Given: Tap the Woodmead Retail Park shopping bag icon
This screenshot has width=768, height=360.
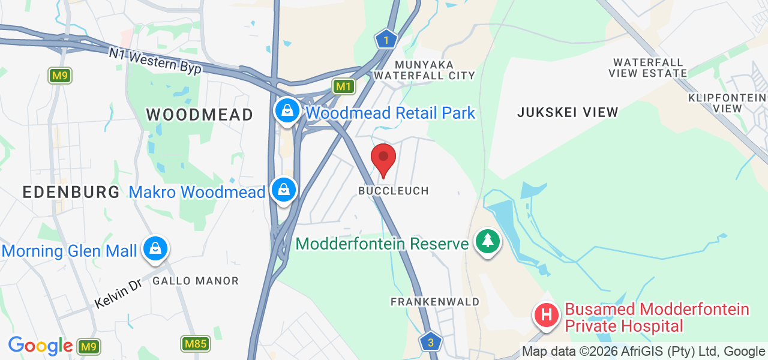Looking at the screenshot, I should point(287,110).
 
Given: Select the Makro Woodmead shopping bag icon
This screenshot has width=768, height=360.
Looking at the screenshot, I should point(283,190).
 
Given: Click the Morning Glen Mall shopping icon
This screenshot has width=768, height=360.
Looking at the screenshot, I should point(155,248).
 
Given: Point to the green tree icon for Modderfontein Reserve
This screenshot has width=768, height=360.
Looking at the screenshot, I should point(488,241).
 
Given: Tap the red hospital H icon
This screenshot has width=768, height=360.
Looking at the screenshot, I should point(547,314).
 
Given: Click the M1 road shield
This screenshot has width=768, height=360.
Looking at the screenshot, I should point(343,87).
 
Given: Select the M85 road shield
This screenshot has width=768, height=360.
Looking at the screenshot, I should point(195,344).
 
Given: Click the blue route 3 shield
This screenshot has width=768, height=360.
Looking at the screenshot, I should point(431,343).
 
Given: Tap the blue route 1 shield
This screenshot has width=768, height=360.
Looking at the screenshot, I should point(386,40).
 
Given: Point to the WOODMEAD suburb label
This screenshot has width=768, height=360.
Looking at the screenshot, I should point(199,115).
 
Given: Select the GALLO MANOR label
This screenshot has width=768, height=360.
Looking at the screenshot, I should point(195,281).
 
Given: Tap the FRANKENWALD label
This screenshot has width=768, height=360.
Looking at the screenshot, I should point(435,302).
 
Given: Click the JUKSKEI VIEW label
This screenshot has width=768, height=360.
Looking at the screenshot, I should point(568,112).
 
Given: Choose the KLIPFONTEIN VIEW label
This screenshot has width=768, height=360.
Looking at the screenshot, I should point(727,103).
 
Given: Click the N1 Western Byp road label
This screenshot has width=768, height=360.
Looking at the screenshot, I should point(155,61).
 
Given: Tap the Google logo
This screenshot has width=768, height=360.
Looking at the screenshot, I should point(40,346).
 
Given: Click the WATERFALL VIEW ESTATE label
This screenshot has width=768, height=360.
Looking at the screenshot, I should point(647,68).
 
